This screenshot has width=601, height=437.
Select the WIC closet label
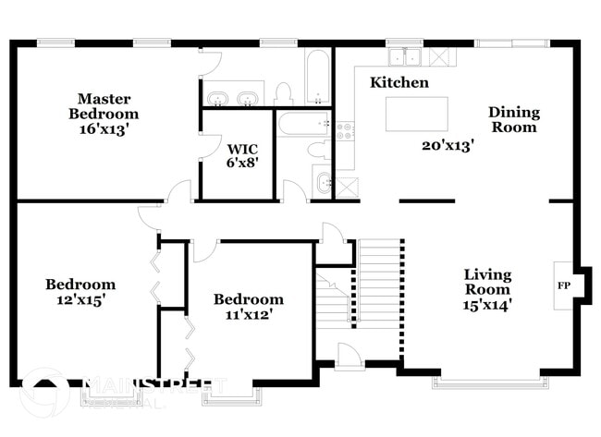pyautogui.click(x=242, y=148)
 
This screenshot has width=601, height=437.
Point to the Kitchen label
pyautogui.click(x=399, y=83)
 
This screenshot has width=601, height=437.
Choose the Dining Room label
pyautogui.click(x=514, y=120)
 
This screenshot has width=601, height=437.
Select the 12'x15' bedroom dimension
pyautogui.click(x=80, y=300)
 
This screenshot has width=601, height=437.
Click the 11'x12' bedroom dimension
pyautogui.click(x=248, y=314)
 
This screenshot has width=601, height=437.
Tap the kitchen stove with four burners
pyautogui.click(x=345, y=131)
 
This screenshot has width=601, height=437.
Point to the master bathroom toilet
pyautogui.click(x=284, y=91)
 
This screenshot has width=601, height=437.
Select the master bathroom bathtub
pyautogui.click(x=318, y=76)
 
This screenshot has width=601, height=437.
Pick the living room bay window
pyautogui.click(x=487, y=380)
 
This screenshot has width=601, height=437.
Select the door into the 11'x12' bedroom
pyautogui.click(x=204, y=249)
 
